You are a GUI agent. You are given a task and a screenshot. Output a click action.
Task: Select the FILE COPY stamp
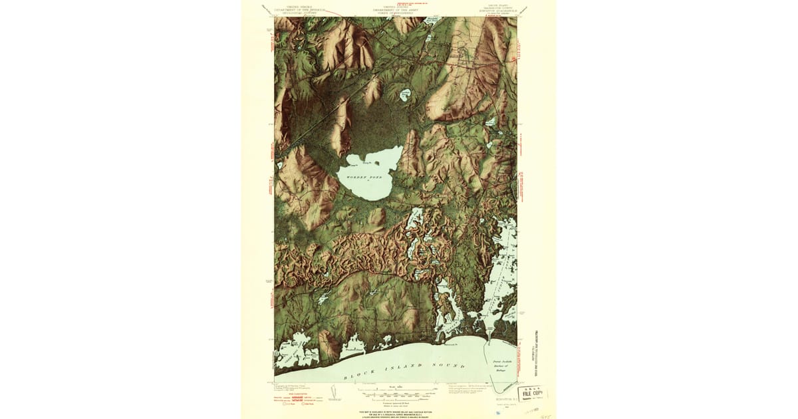[532, 393]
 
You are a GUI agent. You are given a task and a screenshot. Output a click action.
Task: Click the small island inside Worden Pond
[377, 162]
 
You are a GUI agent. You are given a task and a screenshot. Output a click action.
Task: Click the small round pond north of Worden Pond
[404, 96]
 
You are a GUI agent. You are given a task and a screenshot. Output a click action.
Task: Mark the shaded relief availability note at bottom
[398, 412]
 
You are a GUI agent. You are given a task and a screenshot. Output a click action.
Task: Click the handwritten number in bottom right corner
[548, 412]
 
